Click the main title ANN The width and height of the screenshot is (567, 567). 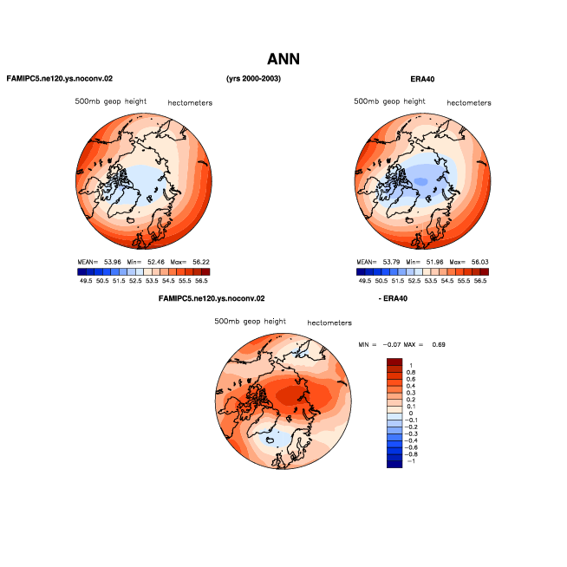pos(283,59)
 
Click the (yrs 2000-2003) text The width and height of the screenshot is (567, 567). pos(253,79)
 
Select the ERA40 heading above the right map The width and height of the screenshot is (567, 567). pos(422,79)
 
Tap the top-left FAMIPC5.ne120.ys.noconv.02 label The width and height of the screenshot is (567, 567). pos(60,79)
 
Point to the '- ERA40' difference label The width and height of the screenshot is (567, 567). pos(393,298)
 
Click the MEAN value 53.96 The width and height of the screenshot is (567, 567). pos(113,262)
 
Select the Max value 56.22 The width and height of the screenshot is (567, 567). pos(201,262)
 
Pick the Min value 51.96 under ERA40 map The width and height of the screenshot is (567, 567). pos(434,262)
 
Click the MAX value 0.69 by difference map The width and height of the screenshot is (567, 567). pos(439,344)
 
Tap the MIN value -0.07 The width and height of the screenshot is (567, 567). pos(392,344)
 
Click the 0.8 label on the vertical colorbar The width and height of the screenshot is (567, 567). pos(411,372)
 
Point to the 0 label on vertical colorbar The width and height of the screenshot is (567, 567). pos(411,414)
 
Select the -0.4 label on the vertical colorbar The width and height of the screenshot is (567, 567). pos(411,440)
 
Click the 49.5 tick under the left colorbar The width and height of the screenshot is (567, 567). pos(86,281)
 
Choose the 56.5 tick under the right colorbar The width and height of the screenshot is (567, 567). pos(480,281)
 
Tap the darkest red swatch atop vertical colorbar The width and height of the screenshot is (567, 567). pos(394,362)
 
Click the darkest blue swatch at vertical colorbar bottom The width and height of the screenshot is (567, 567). pos(394,465)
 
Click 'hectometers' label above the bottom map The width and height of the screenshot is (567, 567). pos(329,323)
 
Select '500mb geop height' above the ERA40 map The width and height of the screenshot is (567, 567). pos(389,101)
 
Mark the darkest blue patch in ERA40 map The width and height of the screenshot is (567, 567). pos(420,181)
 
